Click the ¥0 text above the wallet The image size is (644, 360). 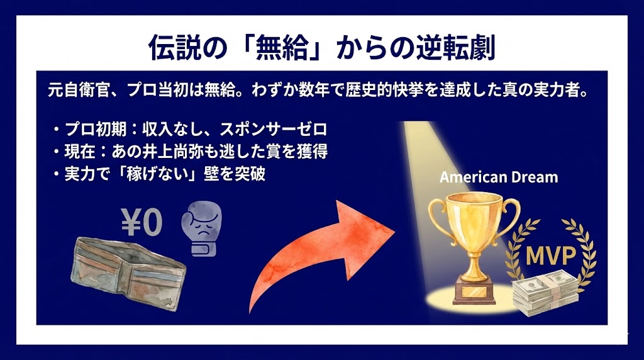pyautogui.click(x=142, y=222)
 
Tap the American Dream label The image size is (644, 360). pyautogui.click(x=499, y=177)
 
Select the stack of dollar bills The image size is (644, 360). pyautogui.click(x=545, y=293)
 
